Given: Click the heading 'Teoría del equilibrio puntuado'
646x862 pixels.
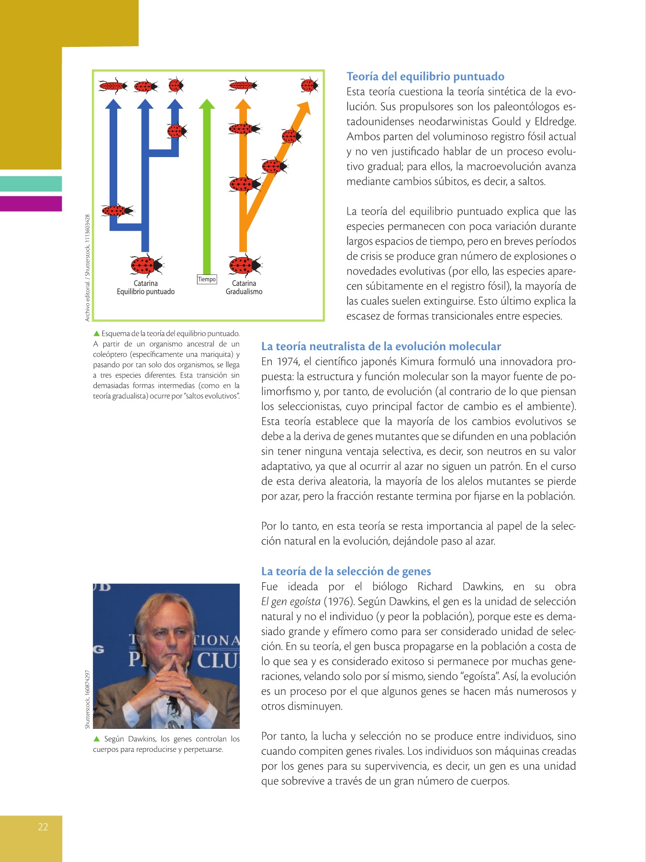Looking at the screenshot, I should point(425,77).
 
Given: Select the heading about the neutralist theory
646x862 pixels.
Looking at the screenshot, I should point(381,346).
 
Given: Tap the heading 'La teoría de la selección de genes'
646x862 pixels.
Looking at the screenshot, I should point(346,571).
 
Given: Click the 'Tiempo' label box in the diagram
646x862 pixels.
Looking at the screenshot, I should point(207,279).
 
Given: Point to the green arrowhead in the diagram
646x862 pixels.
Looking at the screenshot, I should point(207,104).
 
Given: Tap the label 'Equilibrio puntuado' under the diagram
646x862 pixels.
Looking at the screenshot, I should point(145,292).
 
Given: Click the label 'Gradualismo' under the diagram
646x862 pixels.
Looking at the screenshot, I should point(244,292).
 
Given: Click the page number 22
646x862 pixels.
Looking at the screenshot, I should point(43,827).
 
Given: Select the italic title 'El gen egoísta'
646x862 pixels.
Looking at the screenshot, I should point(290,601).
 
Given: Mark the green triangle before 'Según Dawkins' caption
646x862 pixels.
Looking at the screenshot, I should point(97,739).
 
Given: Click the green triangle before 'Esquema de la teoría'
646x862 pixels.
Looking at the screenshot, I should point(96,333).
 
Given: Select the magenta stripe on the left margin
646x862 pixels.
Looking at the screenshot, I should point(31,204).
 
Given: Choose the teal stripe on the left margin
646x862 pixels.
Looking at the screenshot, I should point(31,184).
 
